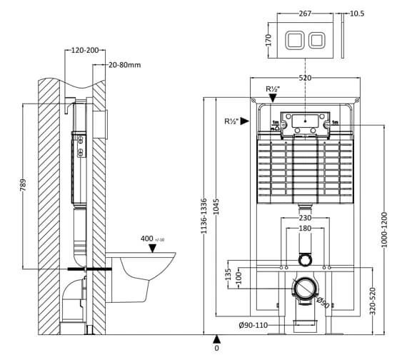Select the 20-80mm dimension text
tap(125, 64)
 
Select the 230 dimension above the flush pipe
tap(305, 218)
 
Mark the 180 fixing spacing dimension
tap(305, 229)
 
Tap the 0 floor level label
tap(216, 349)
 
